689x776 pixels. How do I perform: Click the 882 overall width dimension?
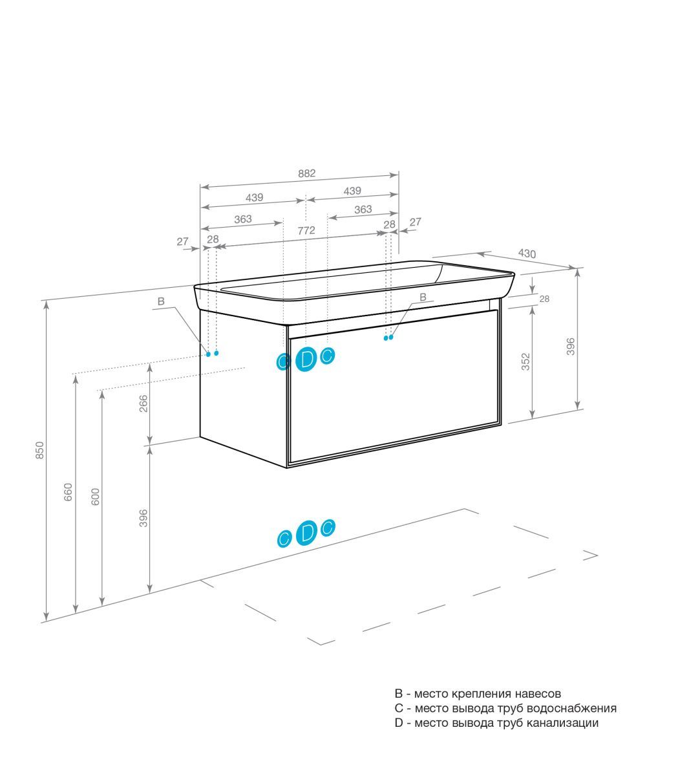[306, 173]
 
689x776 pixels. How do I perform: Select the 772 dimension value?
[306, 230]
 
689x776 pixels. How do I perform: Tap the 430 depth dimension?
[527, 253]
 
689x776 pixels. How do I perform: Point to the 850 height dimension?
[40, 450]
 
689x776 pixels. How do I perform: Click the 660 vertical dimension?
[68, 492]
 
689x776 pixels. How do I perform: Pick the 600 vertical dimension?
[95, 497]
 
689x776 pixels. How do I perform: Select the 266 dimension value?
[143, 404]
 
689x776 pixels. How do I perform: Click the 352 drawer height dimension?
[525, 361]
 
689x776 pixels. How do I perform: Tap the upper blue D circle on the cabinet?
[306, 360]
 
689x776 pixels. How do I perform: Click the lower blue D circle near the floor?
[306, 532]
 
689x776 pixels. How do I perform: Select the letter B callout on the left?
[161, 301]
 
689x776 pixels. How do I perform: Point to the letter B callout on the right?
[423, 297]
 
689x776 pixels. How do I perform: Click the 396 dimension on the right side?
[570, 346]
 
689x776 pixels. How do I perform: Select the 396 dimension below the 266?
[143, 518]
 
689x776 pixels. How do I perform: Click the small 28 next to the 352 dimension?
[544, 299]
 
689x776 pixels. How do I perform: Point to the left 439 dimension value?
[254, 197]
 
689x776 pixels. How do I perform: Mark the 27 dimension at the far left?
[182, 241]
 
